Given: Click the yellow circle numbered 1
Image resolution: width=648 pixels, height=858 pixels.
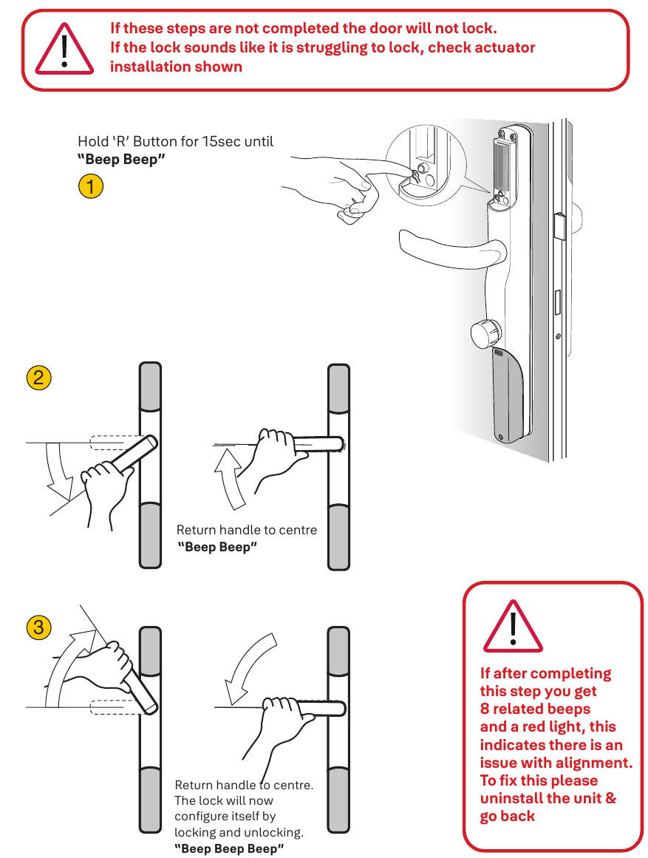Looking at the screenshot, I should coord(90,186).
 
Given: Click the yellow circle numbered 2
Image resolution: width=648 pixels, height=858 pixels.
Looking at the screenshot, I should coord(38,378).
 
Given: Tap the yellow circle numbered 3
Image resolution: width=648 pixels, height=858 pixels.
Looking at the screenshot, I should coord(38,627).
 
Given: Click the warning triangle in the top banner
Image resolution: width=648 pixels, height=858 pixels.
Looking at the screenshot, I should coord(65,49).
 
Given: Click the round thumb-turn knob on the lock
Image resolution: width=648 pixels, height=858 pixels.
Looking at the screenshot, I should coord(484,334).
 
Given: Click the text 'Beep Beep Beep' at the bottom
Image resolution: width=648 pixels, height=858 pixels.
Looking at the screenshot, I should coord(229,848).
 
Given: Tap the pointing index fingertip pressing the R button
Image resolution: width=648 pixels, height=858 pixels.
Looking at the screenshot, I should coord(409,170).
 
